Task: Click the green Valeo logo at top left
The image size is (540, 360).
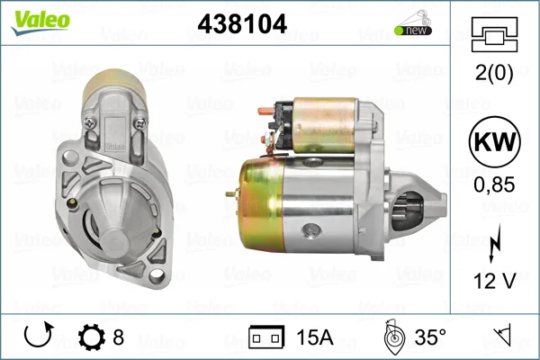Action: click(x=40, y=22)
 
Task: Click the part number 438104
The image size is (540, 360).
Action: click(x=242, y=23)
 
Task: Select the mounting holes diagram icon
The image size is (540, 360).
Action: click(x=494, y=34)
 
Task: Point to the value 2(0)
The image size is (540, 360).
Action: click(x=494, y=73)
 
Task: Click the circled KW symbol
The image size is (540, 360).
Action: click(x=494, y=141)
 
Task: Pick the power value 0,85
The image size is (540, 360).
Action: click(x=494, y=184)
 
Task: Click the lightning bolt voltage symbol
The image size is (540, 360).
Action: click(x=494, y=244)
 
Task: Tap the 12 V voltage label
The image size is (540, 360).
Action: click(x=494, y=281)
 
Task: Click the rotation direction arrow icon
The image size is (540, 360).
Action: click(x=39, y=335)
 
